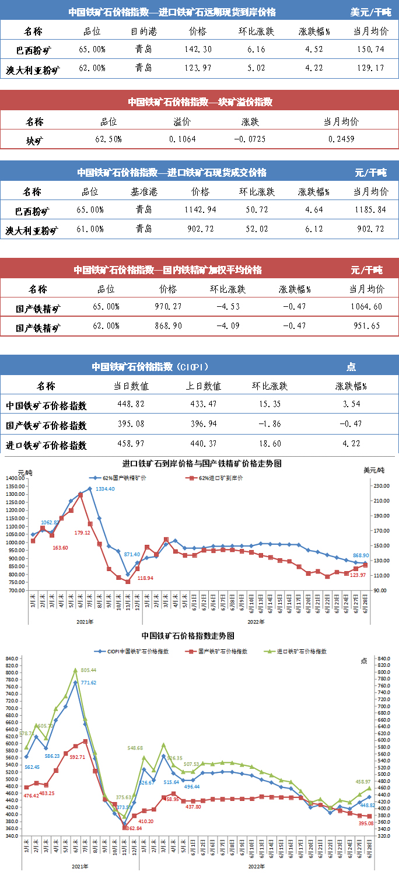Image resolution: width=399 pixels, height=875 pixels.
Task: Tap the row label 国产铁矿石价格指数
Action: (46, 425)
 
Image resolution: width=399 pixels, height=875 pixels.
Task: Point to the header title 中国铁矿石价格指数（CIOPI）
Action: (150, 366)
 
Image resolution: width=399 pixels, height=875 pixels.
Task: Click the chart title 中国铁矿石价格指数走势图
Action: (187, 635)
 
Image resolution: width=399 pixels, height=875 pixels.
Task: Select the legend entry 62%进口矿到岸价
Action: (219, 478)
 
